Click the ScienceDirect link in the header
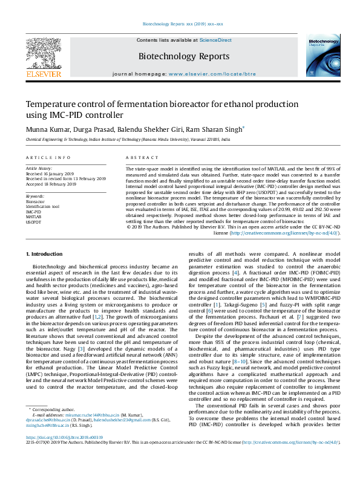[x=216, y=40]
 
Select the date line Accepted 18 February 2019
[x=56, y=184]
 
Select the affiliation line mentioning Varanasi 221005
[x=128, y=139]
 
